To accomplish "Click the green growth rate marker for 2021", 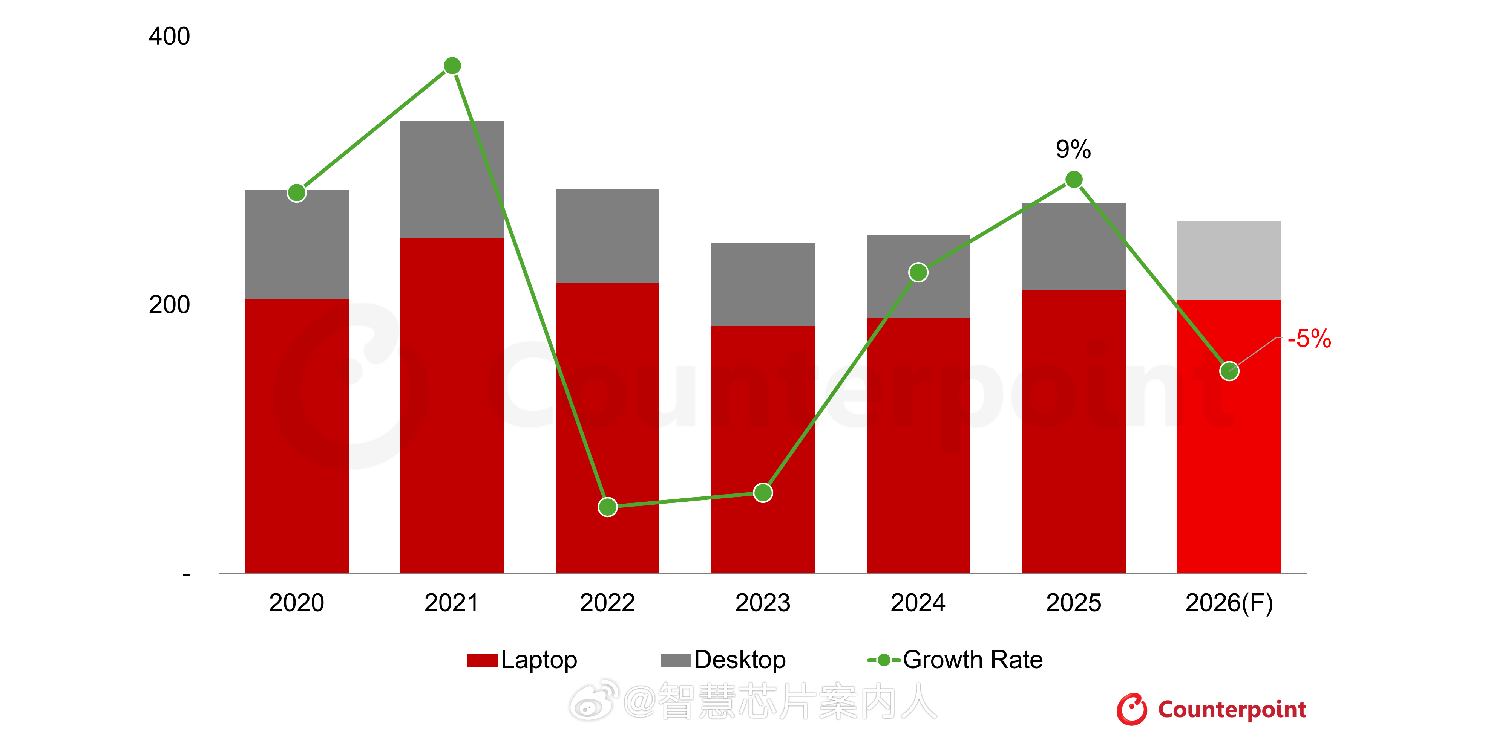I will [x=452, y=66].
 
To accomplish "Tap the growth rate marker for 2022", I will [x=608, y=507].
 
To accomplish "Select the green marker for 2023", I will [x=763, y=493].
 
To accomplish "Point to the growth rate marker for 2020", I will [x=297, y=192].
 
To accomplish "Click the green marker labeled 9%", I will [x=1074, y=179].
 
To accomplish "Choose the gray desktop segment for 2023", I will [x=763, y=284].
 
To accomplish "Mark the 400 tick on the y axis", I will [x=169, y=36].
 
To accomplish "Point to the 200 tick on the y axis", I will [x=169, y=305].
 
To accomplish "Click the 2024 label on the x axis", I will [x=918, y=603].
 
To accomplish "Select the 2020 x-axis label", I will [x=296, y=603].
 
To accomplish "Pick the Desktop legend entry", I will [x=723, y=660].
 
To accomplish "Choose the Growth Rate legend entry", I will [x=955, y=660].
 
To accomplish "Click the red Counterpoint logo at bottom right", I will [x=1212, y=709].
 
